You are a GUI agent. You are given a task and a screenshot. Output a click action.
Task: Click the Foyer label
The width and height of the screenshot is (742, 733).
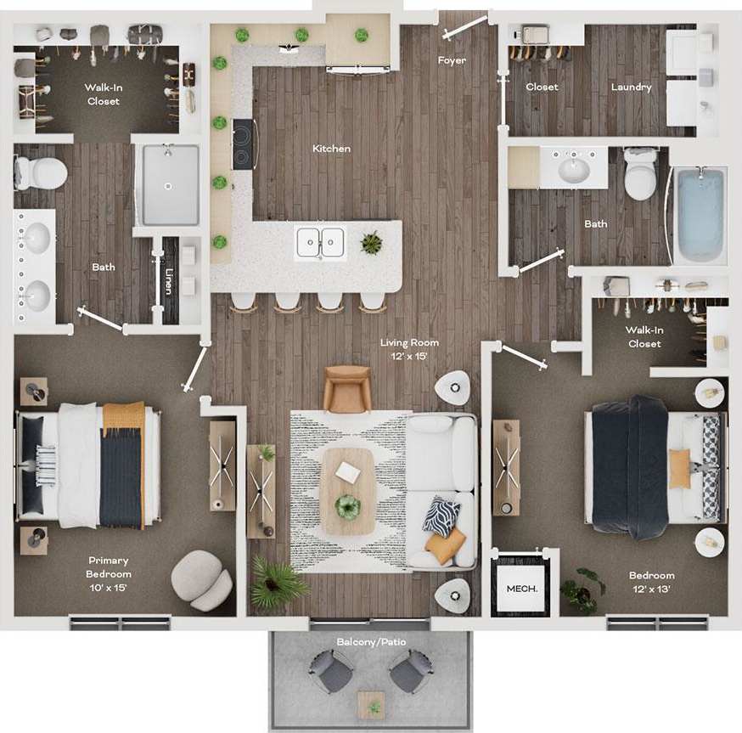pos(452,60)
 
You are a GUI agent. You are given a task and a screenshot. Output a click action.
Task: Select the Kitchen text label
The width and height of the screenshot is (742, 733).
pos(331,149)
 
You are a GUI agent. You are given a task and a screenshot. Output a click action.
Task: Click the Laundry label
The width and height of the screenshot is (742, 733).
pos(631,87)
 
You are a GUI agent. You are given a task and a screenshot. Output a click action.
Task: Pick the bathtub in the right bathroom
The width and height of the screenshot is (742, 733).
pos(699,215)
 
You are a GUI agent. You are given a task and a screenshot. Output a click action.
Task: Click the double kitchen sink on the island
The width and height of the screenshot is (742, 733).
pos(320,243)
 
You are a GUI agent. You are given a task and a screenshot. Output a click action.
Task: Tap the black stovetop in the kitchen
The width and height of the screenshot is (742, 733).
pos(243,144)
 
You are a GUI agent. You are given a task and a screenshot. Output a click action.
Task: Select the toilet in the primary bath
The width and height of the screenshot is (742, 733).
pos(41,173)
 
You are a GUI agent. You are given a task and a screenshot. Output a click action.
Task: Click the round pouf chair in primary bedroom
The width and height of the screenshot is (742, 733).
pos(201,579)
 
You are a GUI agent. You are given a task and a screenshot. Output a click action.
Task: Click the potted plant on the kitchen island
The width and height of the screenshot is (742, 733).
pos(371,243)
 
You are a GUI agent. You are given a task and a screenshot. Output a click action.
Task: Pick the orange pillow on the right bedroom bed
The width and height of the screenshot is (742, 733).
pos(679,468)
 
